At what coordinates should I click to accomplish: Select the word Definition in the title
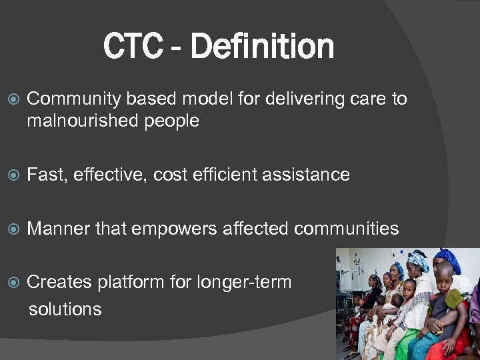point(262,47)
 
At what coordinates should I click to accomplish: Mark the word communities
point(346,229)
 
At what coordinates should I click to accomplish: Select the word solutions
point(65,309)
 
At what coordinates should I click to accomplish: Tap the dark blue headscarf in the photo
point(447,257)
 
